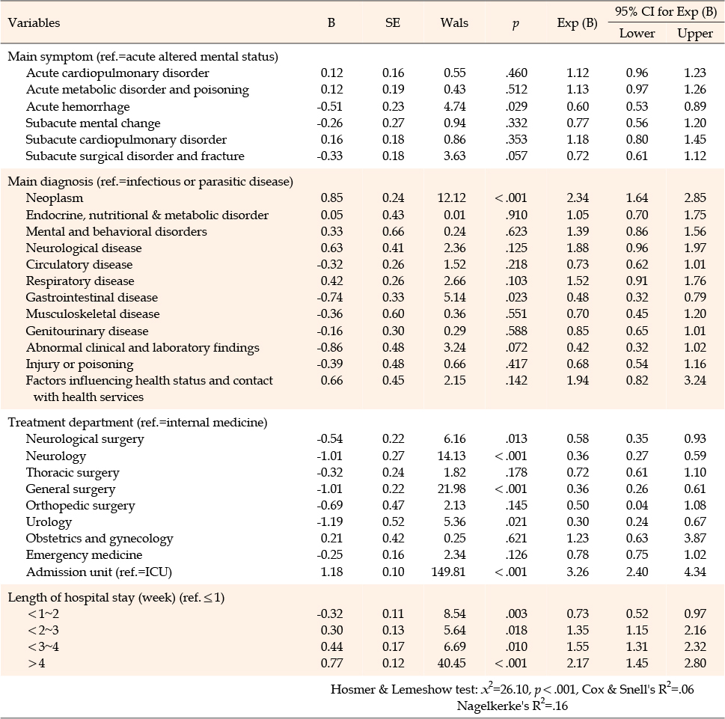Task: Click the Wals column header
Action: [454, 22]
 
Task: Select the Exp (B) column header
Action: [577, 23]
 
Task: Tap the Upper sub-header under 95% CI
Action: [695, 34]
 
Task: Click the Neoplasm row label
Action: [55, 198]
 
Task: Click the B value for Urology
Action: [330, 521]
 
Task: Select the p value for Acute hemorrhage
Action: [516, 106]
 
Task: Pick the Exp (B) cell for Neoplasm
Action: [578, 198]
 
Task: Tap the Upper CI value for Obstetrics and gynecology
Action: [695, 538]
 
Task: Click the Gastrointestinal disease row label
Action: [91, 297]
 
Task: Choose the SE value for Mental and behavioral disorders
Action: [393, 231]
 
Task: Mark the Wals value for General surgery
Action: [451, 489]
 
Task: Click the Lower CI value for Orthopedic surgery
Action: [637, 505]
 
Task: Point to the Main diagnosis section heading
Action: [150, 182]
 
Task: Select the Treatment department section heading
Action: [138, 423]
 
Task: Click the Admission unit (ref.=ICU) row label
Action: [99, 572]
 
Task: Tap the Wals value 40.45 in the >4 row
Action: [451, 663]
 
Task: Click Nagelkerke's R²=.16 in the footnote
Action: [513, 706]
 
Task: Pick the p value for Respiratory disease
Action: [516, 281]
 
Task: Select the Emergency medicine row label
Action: [84, 555]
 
